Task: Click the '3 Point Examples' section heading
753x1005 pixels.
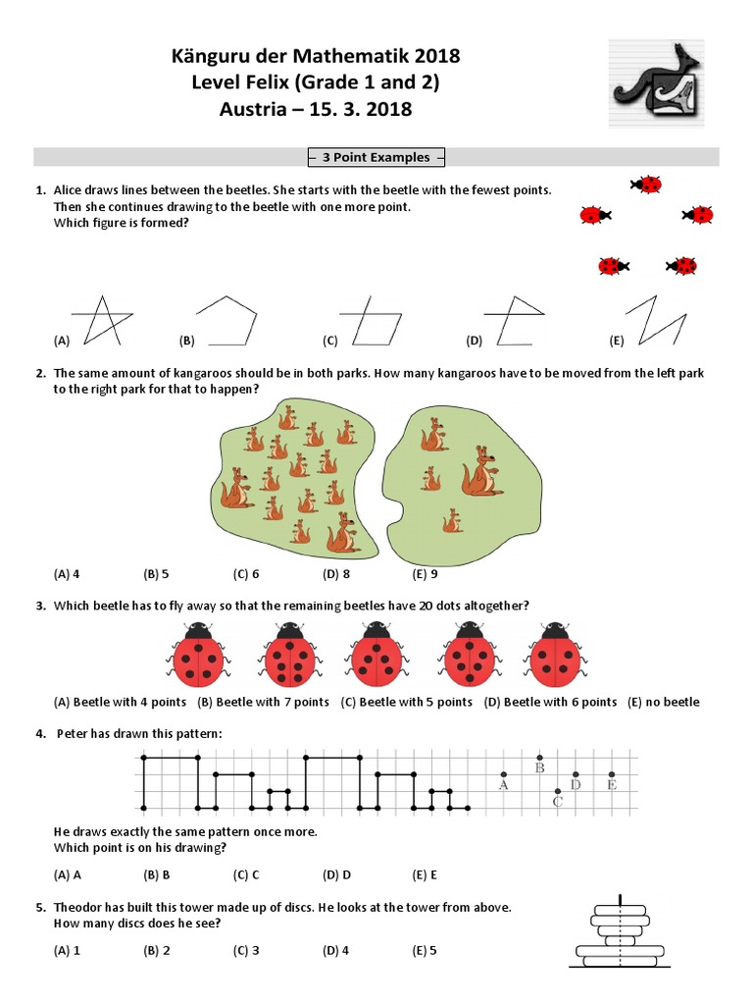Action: coord(376,157)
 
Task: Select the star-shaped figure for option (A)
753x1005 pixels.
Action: coord(103,320)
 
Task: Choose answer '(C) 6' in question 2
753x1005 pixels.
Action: coord(246,574)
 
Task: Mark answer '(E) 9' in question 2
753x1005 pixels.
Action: coord(426,574)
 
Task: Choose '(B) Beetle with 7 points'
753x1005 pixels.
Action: coord(264,702)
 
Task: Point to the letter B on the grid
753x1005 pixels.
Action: coord(539,768)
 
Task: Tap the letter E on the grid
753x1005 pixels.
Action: coord(612,785)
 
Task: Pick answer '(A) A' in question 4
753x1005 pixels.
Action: coord(68,873)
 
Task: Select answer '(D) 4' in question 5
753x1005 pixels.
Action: coord(336,950)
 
